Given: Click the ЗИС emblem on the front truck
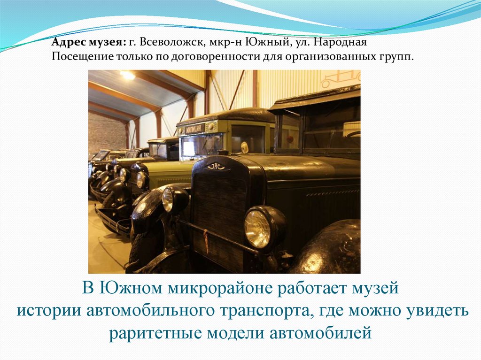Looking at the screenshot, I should (216, 166).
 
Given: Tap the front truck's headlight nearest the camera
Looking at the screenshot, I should (258, 228).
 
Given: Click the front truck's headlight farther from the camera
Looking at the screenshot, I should (168, 199).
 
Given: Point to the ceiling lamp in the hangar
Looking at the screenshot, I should (127, 75).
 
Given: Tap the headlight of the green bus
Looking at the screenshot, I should (141, 180).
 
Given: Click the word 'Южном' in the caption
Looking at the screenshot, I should (124, 288).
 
